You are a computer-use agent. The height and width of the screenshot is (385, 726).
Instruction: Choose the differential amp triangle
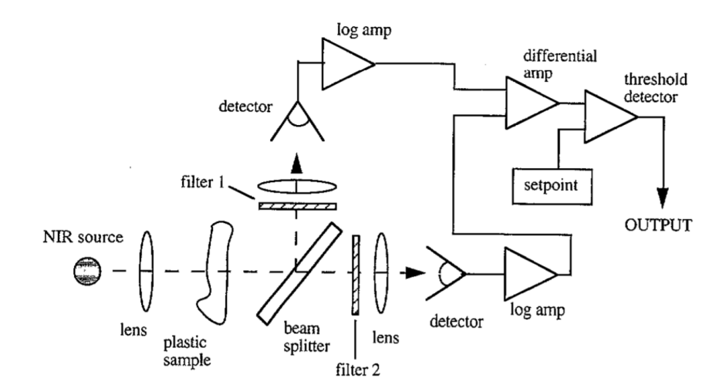[529, 104]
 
